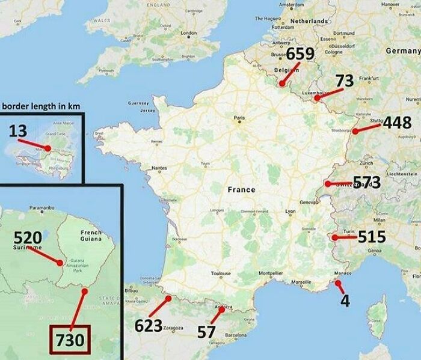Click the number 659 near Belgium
[x=300, y=54]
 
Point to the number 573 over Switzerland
[x=367, y=182]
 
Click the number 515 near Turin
[x=372, y=236]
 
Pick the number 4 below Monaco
[x=345, y=301]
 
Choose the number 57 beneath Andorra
[x=206, y=331]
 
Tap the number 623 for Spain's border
[x=148, y=326]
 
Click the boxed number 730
[x=68, y=340]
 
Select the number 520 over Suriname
[x=27, y=236]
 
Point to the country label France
[x=241, y=189]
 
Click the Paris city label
[x=239, y=118]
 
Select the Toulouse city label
[x=221, y=273]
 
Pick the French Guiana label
[x=91, y=235]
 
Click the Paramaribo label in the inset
[x=42, y=208]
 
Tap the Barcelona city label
[x=236, y=335]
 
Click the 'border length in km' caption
[x=40, y=106]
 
